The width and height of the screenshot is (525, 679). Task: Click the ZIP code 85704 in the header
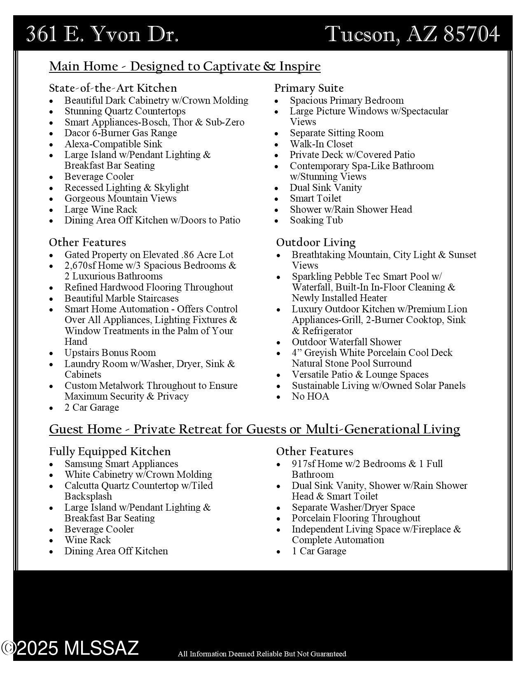coord(472,34)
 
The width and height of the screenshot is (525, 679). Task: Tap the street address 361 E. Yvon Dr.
coord(102,34)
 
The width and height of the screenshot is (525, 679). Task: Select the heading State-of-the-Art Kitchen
coord(113,88)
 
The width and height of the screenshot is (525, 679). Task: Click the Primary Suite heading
coord(309,88)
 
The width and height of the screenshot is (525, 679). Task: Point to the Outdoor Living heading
coord(316,242)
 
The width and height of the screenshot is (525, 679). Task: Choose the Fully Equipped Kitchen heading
coord(110,451)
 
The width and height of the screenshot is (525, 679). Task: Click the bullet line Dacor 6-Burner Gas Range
coord(121,133)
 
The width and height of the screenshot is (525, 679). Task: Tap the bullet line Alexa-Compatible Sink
coord(113,144)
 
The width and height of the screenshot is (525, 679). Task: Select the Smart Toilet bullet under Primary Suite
coord(315,198)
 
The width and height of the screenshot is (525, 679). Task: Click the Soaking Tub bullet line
coord(316,220)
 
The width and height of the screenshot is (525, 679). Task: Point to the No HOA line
coord(310,396)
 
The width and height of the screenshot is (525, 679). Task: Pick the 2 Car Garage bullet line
coord(91,407)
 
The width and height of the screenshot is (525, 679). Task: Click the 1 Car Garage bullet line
coord(319,551)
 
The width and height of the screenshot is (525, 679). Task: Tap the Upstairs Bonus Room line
coord(110,353)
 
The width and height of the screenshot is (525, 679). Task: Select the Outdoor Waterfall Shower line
coord(346,342)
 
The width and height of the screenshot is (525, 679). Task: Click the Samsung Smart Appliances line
coord(121,464)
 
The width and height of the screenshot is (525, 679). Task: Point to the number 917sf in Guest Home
coord(304,464)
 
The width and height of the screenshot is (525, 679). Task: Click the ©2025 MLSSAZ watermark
coord(70,648)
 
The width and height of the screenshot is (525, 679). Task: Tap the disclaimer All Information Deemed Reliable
coord(262,654)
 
